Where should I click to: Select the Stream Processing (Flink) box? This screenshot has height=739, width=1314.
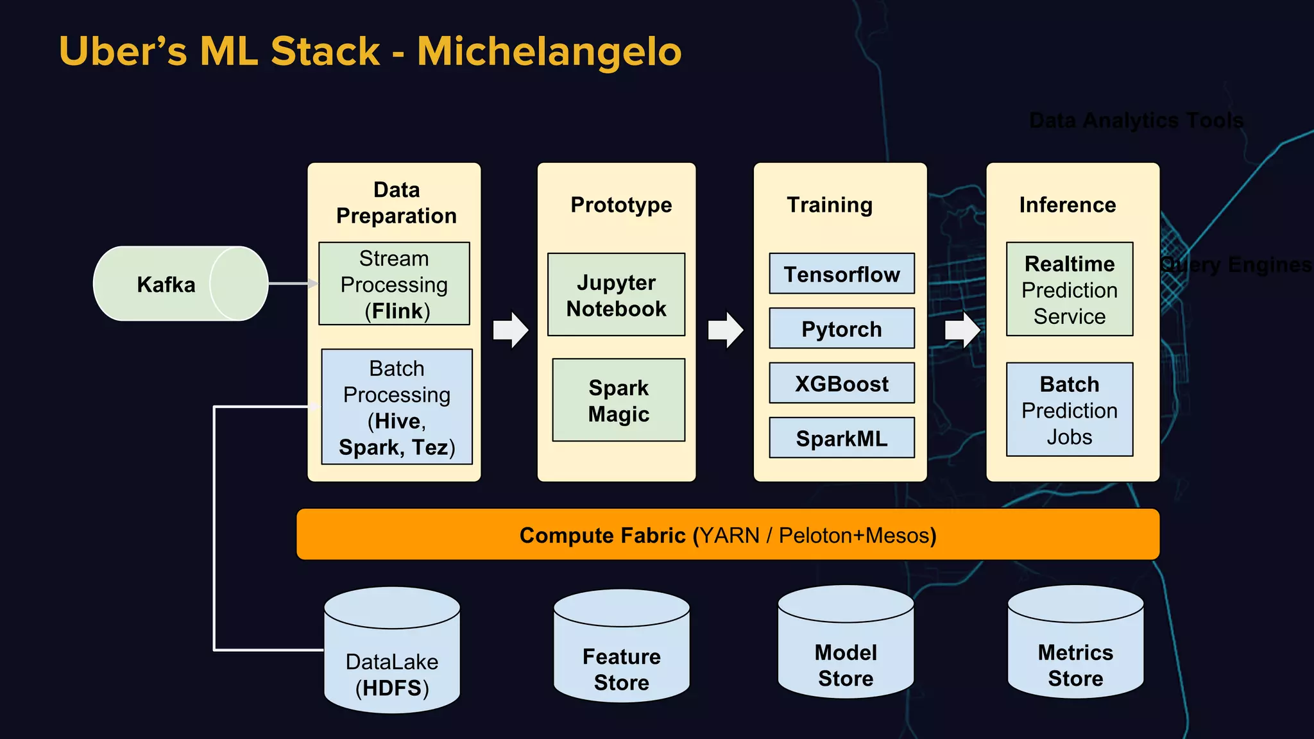(x=394, y=284)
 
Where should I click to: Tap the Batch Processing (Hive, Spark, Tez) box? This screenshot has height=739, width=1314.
(x=397, y=407)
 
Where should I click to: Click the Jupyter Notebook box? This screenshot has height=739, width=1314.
(x=616, y=295)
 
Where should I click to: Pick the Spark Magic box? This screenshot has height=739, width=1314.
(x=619, y=400)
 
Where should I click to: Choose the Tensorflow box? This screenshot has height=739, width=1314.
(x=842, y=274)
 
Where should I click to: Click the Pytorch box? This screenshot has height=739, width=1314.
(x=842, y=328)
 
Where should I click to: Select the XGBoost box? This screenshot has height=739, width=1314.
(x=842, y=384)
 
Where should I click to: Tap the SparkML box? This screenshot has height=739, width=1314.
(x=842, y=438)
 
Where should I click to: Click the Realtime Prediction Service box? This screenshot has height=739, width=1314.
(x=1070, y=289)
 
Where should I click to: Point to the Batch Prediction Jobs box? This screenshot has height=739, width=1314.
(x=1070, y=410)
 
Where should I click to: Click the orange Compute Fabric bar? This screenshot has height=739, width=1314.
(x=728, y=534)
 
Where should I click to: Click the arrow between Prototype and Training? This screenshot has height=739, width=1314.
(x=726, y=330)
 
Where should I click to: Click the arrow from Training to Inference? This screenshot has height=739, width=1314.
(x=962, y=330)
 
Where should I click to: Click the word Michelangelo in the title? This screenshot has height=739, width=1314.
(x=549, y=51)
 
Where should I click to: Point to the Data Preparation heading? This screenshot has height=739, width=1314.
(x=397, y=203)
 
